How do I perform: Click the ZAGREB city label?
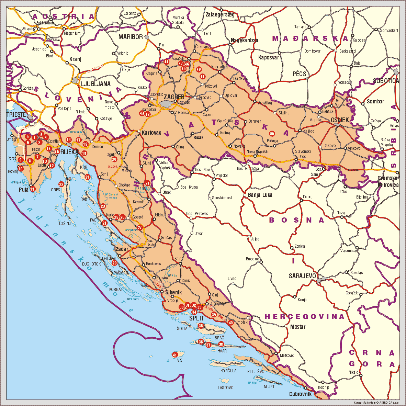tap(174, 97)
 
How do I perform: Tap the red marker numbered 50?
tap(272, 134)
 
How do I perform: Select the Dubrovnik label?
tap(300, 394)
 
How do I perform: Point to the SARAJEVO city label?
tap(302, 276)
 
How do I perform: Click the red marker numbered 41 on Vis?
tap(175, 355)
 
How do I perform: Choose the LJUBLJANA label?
tap(96, 84)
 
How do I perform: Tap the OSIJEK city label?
tap(340, 120)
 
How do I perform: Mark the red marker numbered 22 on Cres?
tap(61, 184)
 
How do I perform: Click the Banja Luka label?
tap(260, 195)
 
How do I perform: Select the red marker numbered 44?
tap(166, 62)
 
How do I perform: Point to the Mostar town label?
tap(297, 327)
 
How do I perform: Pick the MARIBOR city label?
tap(131, 37)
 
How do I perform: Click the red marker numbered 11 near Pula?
tap(32, 189)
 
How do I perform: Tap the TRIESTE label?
tap(16, 114)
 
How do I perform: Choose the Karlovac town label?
tap(151, 133)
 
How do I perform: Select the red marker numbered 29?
tap(114, 263)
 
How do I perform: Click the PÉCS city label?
tap(299, 74)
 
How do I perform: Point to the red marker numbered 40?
tap(230, 323)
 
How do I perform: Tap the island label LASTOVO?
tap(225, 387)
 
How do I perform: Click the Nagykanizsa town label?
tap(244, 40)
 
